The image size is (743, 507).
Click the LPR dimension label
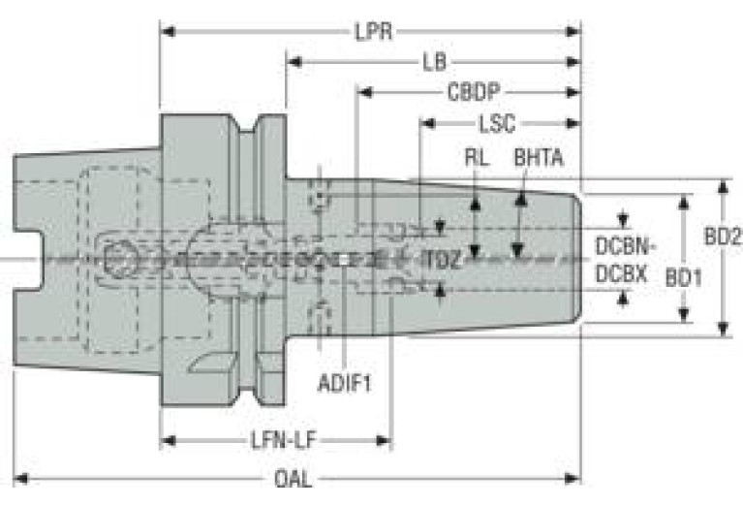coord(374,32)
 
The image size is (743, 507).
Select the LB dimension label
coord(435,62)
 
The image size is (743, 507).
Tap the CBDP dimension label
coord(474,92)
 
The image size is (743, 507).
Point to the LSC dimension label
coord(497,124)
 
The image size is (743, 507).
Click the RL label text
coord(477,158)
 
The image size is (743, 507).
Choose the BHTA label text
coord(539,158)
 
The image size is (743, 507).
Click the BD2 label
coord(723,237)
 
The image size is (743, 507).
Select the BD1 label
coord(683,277)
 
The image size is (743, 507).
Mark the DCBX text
coord(621,274)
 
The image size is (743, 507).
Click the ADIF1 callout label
coord(345,383)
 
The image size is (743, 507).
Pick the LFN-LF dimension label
coord(283,441)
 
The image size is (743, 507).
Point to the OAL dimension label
coord(294,479)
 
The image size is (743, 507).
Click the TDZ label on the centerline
coord(441,260)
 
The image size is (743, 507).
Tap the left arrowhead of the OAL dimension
coord(20,479)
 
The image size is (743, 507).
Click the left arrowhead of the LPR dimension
coord(168,32)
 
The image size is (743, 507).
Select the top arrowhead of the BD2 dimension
coord(723,186)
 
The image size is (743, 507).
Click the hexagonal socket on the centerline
coord(120,260)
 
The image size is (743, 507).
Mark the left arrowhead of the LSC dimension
coord(428,124)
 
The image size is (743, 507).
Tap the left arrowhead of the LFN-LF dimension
coord(169,441)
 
